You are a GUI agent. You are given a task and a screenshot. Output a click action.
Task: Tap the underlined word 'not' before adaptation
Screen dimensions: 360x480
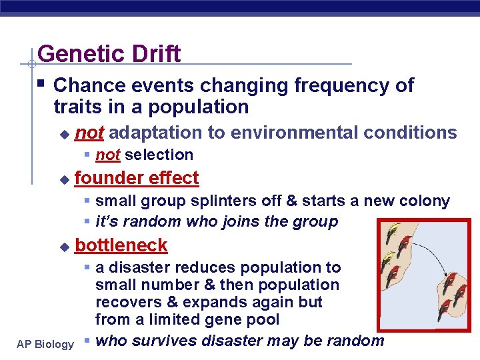coord(89,133)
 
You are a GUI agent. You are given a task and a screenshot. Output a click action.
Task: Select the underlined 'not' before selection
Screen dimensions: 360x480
coord(107,155)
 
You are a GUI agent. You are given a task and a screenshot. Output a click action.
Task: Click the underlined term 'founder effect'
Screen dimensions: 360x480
coord(137,178)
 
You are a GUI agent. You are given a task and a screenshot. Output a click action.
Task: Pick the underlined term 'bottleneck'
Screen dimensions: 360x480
coord(121,245)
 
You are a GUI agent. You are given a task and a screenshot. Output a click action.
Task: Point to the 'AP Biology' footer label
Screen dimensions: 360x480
coord(45,344)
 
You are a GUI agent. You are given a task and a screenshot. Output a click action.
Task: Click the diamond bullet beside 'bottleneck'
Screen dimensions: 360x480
coord(64,247)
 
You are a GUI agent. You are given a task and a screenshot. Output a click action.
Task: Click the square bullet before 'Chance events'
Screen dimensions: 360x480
coord(42,84)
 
